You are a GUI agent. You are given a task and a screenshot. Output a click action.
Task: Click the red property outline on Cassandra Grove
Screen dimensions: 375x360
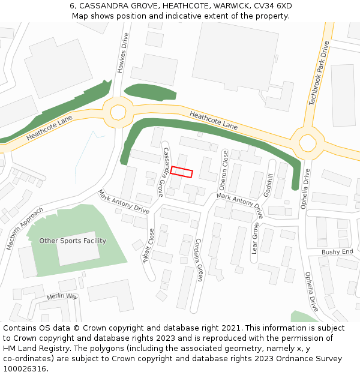(x=181, y=172)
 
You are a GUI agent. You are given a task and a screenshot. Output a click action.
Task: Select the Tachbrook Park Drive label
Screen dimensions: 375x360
(x=319, y=74)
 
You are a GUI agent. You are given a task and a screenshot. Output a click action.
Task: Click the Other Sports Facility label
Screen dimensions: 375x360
(x=73, y=241)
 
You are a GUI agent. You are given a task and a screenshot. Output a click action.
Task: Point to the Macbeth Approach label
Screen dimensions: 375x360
(x=25, y=228)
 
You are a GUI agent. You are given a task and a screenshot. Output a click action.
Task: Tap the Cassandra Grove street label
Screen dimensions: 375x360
(x=163, y=172)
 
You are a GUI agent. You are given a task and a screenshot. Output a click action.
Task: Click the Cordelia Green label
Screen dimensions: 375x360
(x=199, y=259)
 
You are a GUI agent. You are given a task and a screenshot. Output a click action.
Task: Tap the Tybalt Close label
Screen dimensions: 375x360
(x=146, y=247)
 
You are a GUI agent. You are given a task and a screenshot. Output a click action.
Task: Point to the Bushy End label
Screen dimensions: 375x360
(x=337, y=252)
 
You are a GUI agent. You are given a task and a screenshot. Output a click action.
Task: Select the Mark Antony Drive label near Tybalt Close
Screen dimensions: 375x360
(x=124, y=202)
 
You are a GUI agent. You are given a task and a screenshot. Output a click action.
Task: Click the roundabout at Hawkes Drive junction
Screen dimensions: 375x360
(x=118, y=112)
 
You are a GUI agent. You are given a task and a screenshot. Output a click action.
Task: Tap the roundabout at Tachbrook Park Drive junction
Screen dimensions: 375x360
(x=307, y=143)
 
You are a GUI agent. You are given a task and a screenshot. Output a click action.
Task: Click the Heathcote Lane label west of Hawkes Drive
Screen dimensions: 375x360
(x=49, y=128)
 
